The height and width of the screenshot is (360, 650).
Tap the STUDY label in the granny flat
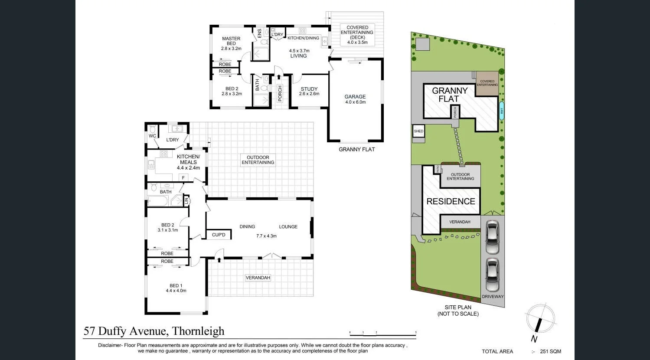[x=309, y=91]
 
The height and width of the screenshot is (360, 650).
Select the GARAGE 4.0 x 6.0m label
[x=355, y=99]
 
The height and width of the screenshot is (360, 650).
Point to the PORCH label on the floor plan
[x=280, y=93]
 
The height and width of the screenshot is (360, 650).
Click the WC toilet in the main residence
[x=152, y=130]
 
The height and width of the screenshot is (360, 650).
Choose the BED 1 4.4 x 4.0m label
[x=176, y=288]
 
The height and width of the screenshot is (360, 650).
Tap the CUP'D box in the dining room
[x=219, y=235]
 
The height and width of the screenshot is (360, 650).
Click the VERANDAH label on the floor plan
[x=258, y=278]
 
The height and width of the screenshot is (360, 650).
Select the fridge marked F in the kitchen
[x=183, y=178]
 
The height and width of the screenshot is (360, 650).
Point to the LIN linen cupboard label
[x=186, y=201]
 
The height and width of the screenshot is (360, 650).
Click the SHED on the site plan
[x=418, y=131]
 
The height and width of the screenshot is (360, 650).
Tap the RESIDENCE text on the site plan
[x=451, y=201]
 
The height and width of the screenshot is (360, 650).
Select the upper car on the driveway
[x=492, y=237]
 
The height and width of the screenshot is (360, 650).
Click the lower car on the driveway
[x=492, y=275]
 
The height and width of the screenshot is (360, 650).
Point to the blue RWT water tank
[x=502, y=111]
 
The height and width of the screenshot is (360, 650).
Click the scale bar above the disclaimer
[x=382, y=333]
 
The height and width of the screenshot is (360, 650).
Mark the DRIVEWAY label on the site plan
[x=493, y=297]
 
